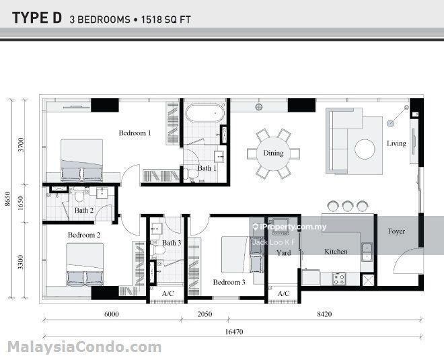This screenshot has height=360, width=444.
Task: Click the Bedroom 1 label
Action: (135, 133)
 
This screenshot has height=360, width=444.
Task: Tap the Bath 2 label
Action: (84, 211)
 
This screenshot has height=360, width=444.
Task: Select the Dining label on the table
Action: (273, 153)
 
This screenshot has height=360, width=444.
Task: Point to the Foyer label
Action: (396, 231)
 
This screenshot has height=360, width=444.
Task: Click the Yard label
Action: (284, 253)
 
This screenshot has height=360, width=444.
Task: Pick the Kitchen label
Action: (336, 252)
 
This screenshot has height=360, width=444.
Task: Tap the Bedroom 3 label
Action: (229, 283)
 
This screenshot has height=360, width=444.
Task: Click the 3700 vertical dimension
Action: (22, 143)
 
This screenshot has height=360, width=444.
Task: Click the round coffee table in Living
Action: (365, 149)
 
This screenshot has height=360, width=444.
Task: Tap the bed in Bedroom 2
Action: (85, 264)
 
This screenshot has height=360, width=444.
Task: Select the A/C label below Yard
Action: (284, 294)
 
